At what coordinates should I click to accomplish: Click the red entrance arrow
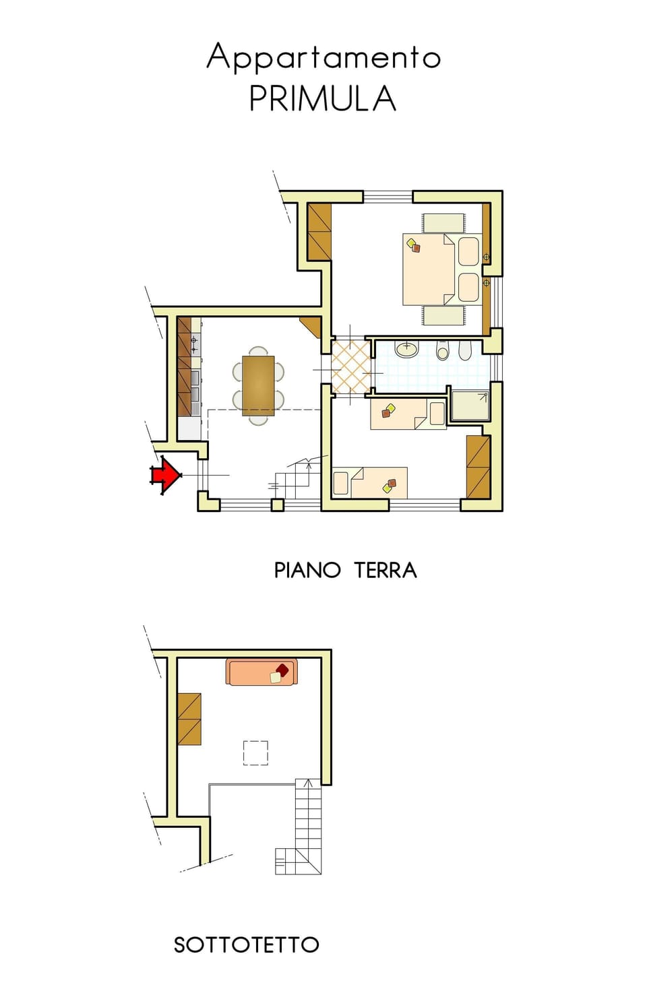click(x=165, y=475)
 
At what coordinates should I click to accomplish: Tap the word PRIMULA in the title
click(x=323, y=98)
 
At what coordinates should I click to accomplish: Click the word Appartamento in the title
click(x=323, y=57)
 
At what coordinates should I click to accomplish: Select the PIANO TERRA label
click(x=345, y=570)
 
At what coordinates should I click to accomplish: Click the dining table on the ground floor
click(x=258, y=385)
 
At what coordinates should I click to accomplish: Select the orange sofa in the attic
click(x=261, y=672)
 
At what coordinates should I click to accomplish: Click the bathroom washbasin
click(x=406, y=349)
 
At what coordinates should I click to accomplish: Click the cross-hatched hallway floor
click(x=350, y=366)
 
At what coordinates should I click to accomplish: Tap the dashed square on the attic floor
click(x=255, y=753)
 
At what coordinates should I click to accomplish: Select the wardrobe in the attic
click(x=189, y=719)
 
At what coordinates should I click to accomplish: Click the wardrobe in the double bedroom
click(x=319, y=232)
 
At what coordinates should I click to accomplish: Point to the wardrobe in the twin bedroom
click(x=478, y=467)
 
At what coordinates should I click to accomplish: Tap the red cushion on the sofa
click(x=282, y=668)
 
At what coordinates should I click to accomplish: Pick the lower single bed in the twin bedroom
click(x=370, y=482)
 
